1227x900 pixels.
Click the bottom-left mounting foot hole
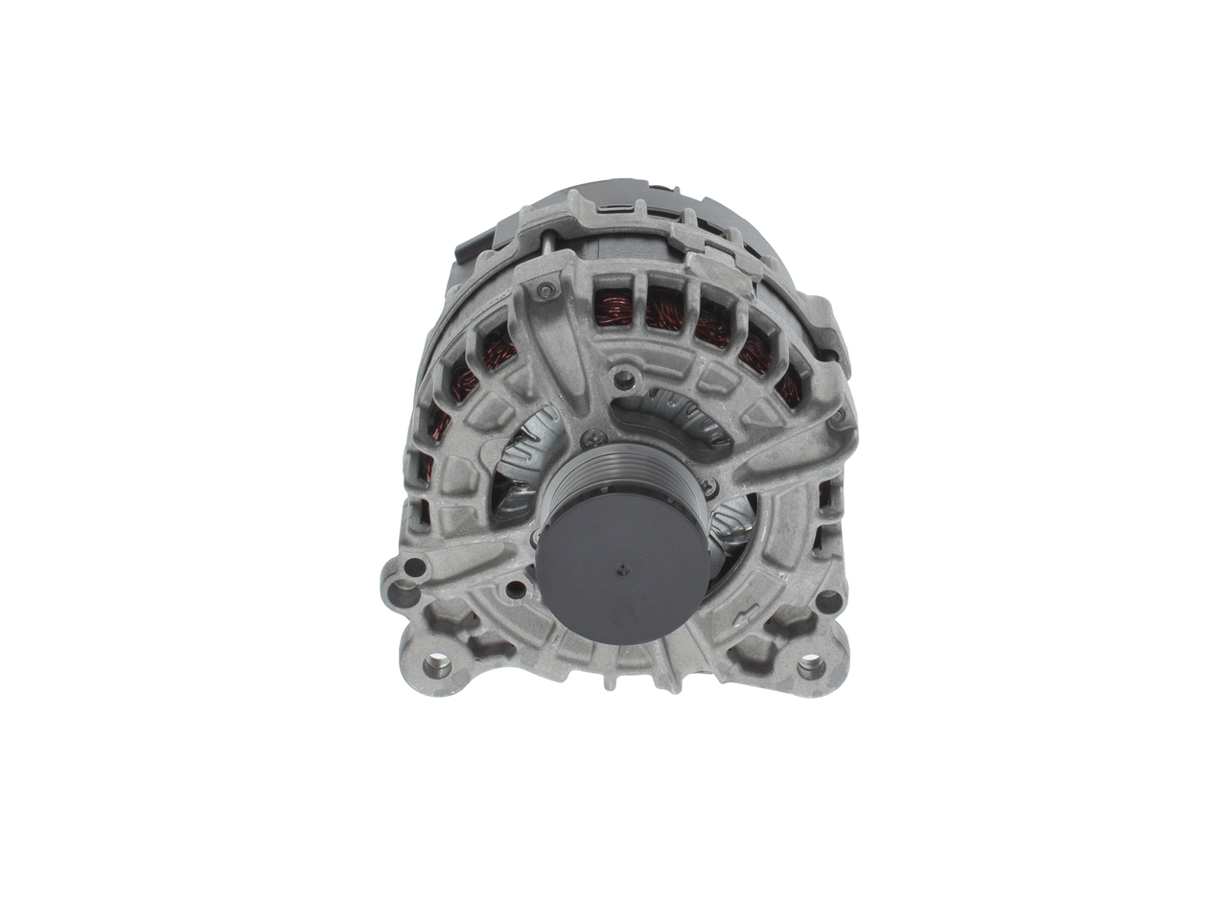[437, 664]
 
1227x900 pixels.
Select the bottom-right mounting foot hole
[811, 665]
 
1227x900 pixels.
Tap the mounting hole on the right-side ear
[828, 602]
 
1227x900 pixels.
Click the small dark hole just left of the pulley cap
[516, 588]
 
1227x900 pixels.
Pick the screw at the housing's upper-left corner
[546, 290]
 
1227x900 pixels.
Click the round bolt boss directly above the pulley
[624, 380]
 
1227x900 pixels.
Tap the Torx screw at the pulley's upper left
[588, 440]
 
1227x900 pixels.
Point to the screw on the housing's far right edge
[839, 416]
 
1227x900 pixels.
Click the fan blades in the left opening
[525, 460]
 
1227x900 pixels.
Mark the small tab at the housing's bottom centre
[610, 683]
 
